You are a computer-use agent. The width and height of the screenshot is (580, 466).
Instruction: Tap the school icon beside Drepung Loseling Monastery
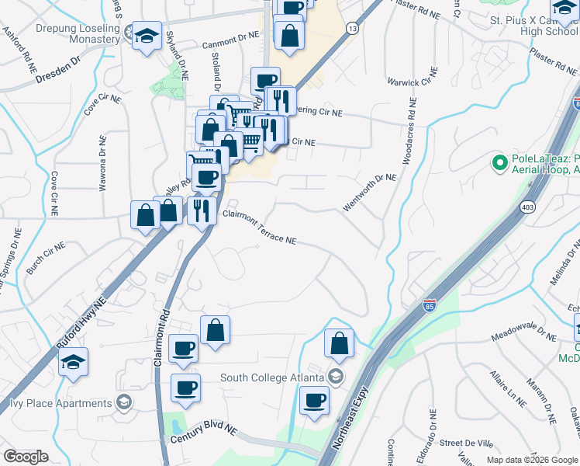[146, 37]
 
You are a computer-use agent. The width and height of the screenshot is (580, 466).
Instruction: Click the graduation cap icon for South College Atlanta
[336, 377]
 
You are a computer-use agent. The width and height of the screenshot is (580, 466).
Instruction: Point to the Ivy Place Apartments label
[60, 403]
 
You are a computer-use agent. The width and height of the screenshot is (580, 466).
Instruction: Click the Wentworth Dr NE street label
[370, 192]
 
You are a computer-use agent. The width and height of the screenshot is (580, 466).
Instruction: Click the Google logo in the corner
[26, 457]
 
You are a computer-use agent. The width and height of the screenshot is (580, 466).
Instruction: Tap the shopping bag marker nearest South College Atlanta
[339, 343]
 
